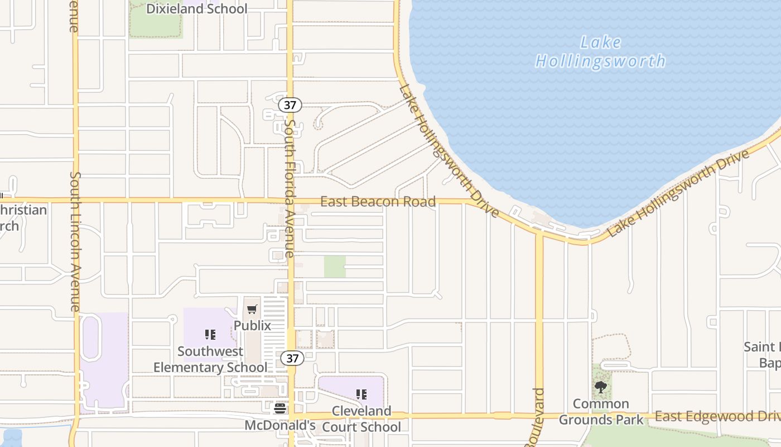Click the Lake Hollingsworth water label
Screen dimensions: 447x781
pyautogui.click(x=600, y=51)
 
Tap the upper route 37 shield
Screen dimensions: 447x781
pyautogui.click(x=292, y=104)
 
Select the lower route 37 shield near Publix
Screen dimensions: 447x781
pyautogui.click(x=292, y=358)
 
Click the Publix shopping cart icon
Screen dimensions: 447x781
pyautogui.click(x=252, y=309)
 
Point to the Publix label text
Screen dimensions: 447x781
pyautogui.click(x=252, y=325)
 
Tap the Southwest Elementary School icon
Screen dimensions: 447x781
pyautogui.click(x=210, y=335)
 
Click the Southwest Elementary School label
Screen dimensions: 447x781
pyautogui.click(x=210, y=359)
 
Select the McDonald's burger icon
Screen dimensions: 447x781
pyautogui.click(x=280, y=408)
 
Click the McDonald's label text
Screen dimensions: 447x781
pyautogui.click(x=280, y=425)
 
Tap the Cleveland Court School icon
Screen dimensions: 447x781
pyautogui.click(x=361, y=394)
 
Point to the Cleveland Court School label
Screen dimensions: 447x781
pyautogui.click(x=361, y=419)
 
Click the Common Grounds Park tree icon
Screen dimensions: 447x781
pyautogui.click(x=601, y=387)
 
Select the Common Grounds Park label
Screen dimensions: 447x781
pyautogui.click(x=601, y=411)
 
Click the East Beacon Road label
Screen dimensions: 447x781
pyautogui.click(x=378, y=202)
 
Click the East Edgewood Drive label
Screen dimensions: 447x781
pyautogui.click(x=717, y=417)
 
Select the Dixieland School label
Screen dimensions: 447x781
pyautogui.click(x=196, y=9)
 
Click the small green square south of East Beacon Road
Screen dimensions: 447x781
pyautogui.click(x=335, y=267)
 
